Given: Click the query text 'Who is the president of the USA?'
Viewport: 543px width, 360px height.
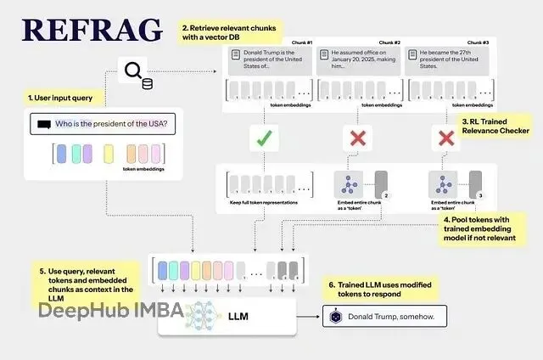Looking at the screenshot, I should pyautogui.click(x=110, y=124).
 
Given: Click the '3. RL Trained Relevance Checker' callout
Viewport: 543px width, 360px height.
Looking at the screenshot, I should pyautogui.click(x=495, y=126).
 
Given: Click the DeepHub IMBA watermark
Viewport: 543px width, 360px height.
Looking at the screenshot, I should pyautogui.click(x=110, y=311).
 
